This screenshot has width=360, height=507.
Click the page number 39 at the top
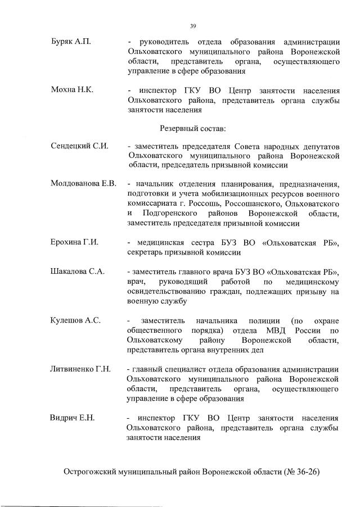click(x=192, y=25)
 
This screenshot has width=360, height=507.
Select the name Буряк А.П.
click(x=70, y=42)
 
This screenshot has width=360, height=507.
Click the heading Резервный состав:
click(x=193, y=128)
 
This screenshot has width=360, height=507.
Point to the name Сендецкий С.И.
click(x=79, y=146)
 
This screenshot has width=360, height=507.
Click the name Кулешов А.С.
click(x=75, y=320)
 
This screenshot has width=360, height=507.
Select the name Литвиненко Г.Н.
click(x=80, y=369)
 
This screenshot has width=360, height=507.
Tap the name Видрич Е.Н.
click(x=73, y=418)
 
